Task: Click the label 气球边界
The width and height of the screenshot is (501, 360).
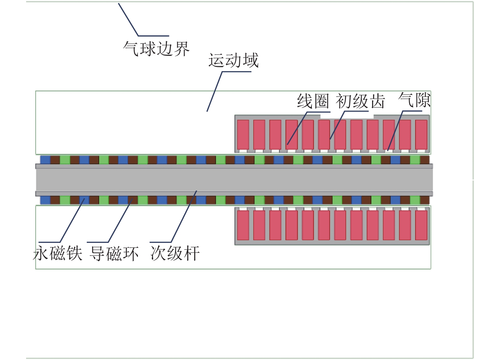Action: click(156, 49)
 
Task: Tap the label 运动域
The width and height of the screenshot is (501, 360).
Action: click(233, 61)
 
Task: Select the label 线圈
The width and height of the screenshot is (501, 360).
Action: click(313, 101)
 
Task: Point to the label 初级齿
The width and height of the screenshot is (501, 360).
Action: click(360, 101)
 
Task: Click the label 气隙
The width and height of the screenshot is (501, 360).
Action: click(414, 100)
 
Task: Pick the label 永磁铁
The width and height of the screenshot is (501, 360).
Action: click(57, 253)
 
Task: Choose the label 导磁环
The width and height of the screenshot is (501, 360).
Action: click(114, 253)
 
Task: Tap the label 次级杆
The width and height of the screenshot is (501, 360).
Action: click(175, 253)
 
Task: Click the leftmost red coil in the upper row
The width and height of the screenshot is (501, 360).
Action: click(243, 134)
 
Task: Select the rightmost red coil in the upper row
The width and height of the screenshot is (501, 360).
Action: click(421, 134)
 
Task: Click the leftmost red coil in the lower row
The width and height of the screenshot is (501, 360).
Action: click(243, 225)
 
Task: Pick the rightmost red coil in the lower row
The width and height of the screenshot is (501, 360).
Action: click(421, 225)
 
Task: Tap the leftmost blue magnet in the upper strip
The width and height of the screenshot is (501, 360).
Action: click(45, 160)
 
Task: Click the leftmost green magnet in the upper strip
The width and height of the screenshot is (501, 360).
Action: click(65, 160)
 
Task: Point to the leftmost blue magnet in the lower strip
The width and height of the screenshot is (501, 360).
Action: click(45, 200)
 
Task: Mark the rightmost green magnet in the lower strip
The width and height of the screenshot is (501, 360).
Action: click(415, 200)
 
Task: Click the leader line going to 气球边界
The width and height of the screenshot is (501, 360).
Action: click(128, 19)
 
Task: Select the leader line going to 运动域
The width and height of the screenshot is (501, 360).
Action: click(214, 91)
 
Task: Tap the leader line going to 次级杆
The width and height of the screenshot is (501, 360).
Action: click(184, 217)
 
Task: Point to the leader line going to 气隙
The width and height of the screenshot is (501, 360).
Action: click(395, 131)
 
